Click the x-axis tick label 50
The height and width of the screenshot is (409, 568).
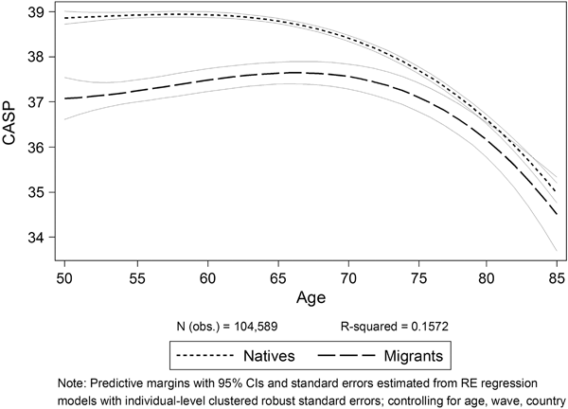click(64, 278)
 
